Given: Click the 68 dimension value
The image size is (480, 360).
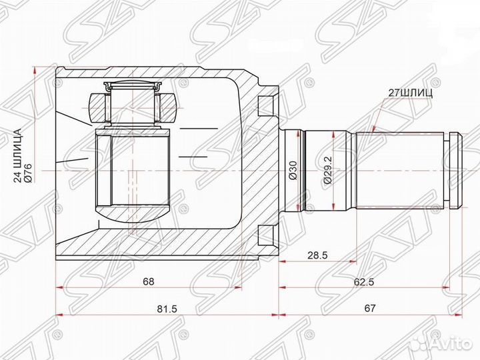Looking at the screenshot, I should tap(148, 281).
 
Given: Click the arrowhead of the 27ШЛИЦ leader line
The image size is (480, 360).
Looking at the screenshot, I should tap(373, 132).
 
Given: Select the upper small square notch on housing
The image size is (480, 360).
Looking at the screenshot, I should tap(266, 103).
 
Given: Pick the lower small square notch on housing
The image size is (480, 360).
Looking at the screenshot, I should tap(266, 235).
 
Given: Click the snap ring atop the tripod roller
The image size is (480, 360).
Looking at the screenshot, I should tap(133, 84).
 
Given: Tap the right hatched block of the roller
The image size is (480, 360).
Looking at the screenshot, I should tap(169, 105).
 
